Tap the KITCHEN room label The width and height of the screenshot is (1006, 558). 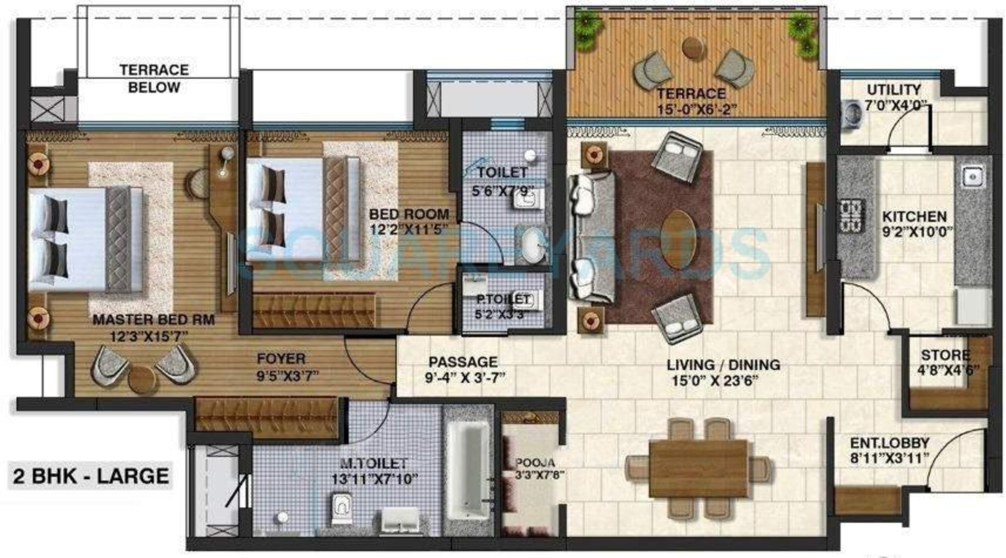tap(914, 216)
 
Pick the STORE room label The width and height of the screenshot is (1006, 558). tap(945, 355)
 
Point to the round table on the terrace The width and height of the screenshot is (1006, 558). tap(694, 47)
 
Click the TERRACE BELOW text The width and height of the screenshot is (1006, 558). tap(154, 78)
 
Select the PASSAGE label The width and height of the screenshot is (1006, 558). tap(463, 362)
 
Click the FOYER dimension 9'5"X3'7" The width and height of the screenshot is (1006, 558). tap(288, 376)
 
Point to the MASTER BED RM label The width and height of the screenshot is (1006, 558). tap(154, 320)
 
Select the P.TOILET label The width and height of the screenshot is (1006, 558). tap(503, 299)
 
